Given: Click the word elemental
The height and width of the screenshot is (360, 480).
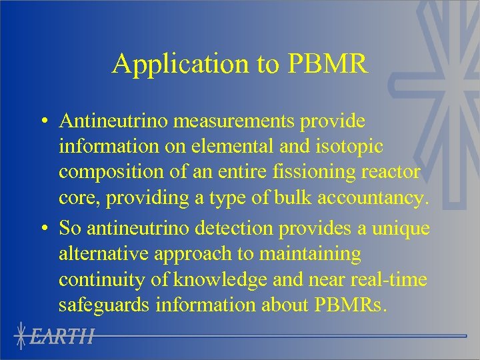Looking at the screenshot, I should click(223, 147).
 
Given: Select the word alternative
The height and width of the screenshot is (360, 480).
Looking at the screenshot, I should click(103, 254).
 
